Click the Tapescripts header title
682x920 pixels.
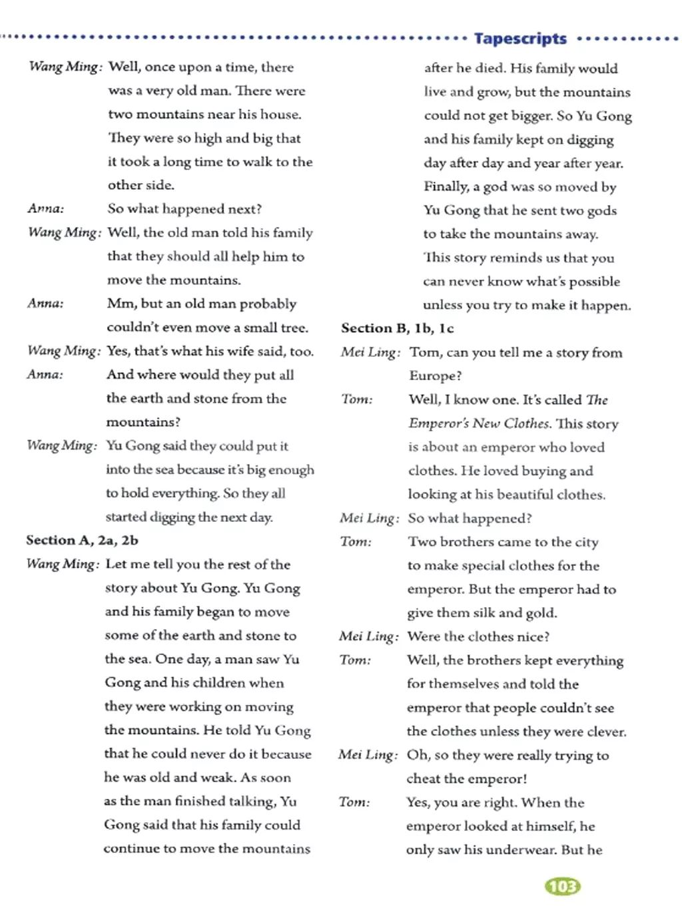pos(520,39)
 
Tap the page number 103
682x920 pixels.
pos(563,886)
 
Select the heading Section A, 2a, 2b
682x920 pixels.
pos(82,540)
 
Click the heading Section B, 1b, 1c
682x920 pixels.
pos(398,328)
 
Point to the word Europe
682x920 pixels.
pos(434,375)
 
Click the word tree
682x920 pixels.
pos(294,327)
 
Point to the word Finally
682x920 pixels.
pos(446,186)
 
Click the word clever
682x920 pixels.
pos(606,731)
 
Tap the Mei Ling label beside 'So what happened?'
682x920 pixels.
pos(370,518)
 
